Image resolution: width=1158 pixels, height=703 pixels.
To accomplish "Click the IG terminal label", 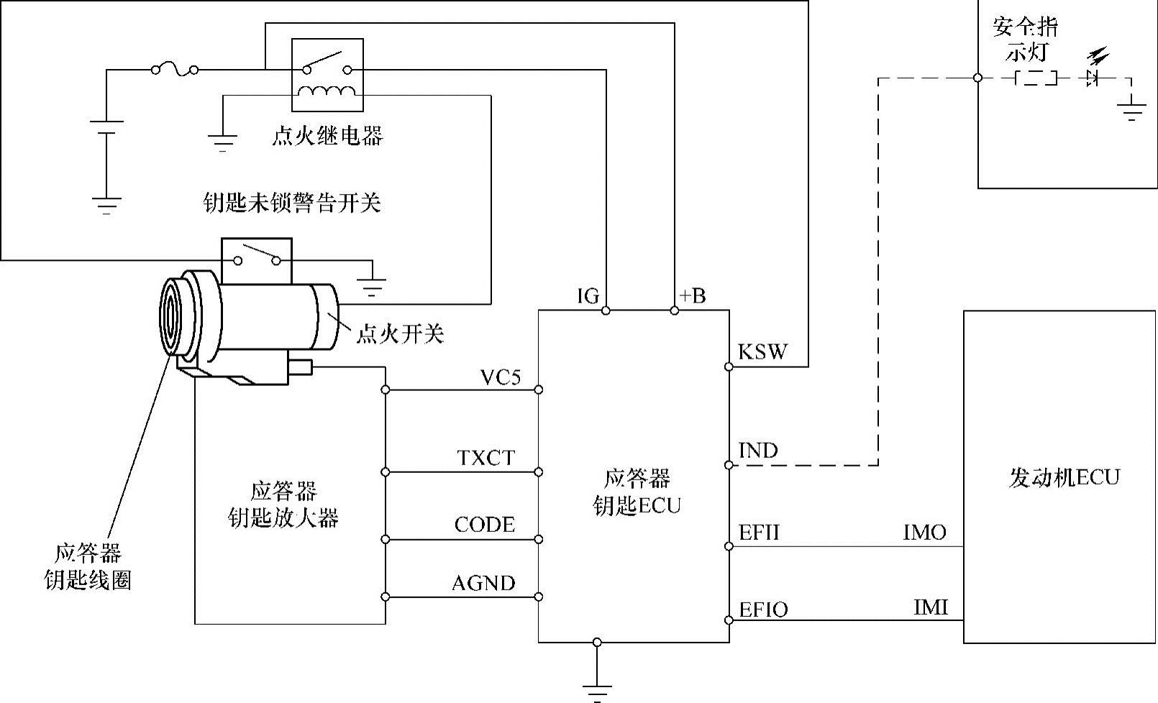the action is tap(588, 296).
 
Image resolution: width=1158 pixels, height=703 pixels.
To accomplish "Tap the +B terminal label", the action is tap(692, 296).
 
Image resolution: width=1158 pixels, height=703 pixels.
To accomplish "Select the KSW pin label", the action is tap(762, 351).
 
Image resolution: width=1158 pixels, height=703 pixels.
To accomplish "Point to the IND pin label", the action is tap(758, 451).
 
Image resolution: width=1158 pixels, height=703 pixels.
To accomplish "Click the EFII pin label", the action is tap(758, 532).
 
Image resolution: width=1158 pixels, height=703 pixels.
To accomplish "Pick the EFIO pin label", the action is tap(763, 610).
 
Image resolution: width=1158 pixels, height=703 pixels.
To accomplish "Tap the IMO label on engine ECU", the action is tap(924, 532).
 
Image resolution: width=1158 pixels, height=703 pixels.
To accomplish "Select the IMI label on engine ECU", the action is tap(931, 607).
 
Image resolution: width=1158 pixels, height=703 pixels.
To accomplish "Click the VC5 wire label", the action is tap(501, 377).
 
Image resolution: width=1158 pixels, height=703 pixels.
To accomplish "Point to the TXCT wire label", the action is tap(486, 458).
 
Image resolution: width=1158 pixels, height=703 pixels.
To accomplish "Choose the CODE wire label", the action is tap(484, 525).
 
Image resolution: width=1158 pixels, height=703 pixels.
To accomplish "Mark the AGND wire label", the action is tap(483, 583).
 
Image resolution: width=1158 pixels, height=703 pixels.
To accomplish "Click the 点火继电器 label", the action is tap(327, 135).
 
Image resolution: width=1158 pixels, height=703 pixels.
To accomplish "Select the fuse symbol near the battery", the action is tap(175, 69).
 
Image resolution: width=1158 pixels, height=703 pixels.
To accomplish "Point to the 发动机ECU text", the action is tap(1064, 477).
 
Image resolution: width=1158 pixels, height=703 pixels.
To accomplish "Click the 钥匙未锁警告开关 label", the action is tap(292, 203).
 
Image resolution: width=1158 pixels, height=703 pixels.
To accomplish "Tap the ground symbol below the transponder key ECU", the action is tap(597, 693).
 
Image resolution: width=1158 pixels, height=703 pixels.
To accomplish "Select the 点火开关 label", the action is tap(400, 334).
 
